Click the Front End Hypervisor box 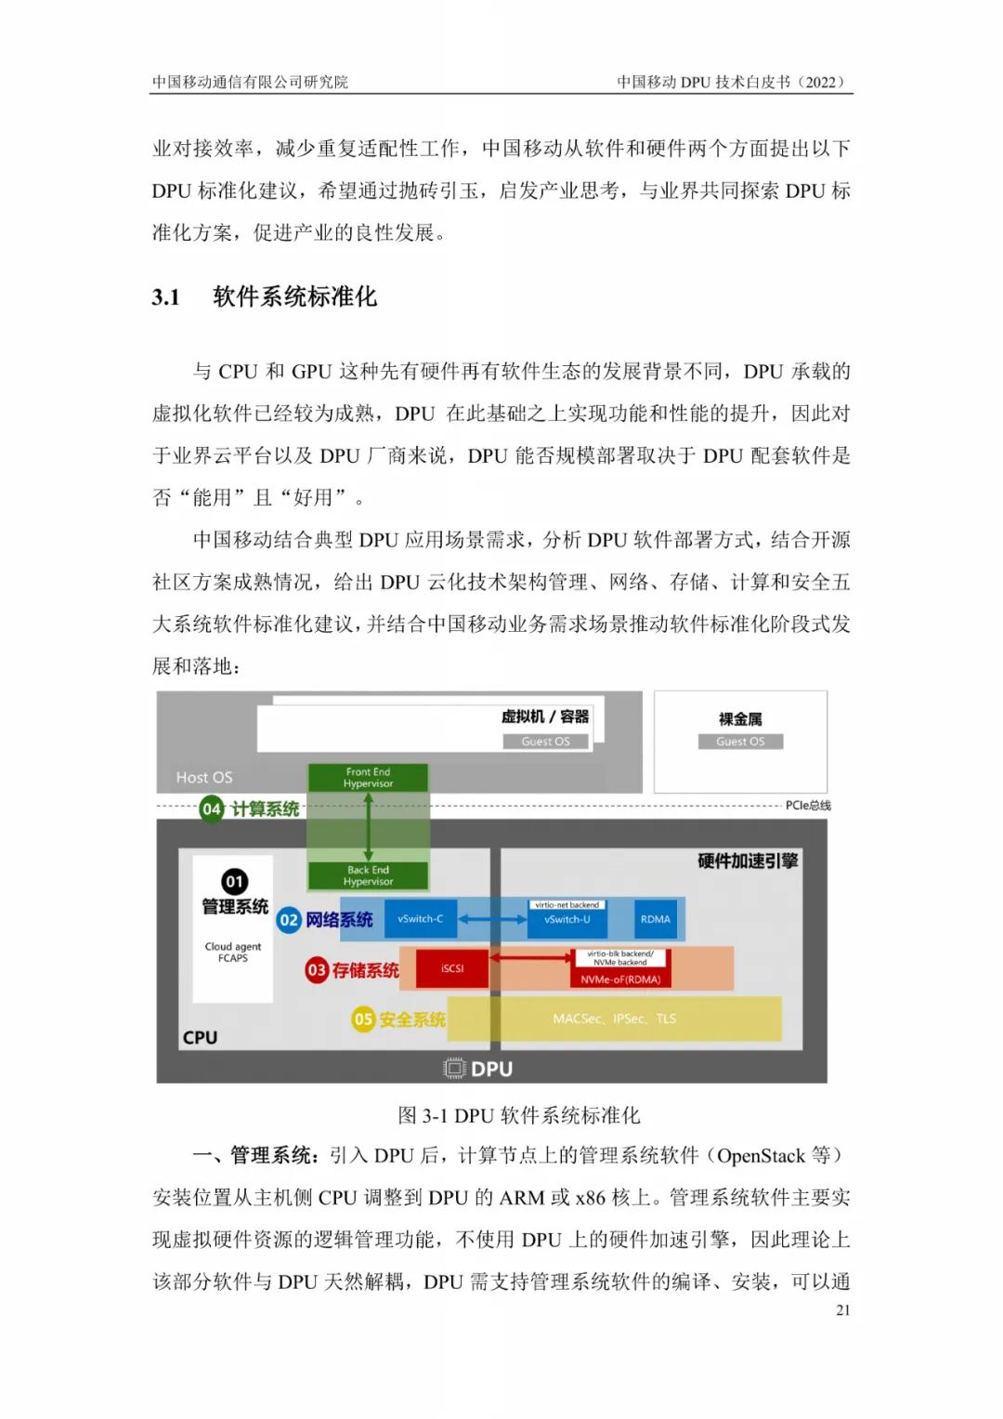click(368, 777)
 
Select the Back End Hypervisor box click(368, 875)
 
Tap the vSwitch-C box click(421, 918)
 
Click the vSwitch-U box click(567, 918)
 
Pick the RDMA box click(655, 918)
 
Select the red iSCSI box click(452, 968)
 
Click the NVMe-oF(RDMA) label click(620, 979)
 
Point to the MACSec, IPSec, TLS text click(614, 1018)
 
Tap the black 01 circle click(234, 881)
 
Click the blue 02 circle click(289, 919)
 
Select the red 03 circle click(316, 970)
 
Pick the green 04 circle click(212, 808)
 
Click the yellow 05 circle click(363, 1019)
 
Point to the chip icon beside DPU click(453, 1069)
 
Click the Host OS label click(204, 777)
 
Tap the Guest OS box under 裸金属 click(740, 742)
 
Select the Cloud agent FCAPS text click(233, 953)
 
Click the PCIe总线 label click(808, 805)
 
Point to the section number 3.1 click(166, 297)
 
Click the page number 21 click(842, 1310)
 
